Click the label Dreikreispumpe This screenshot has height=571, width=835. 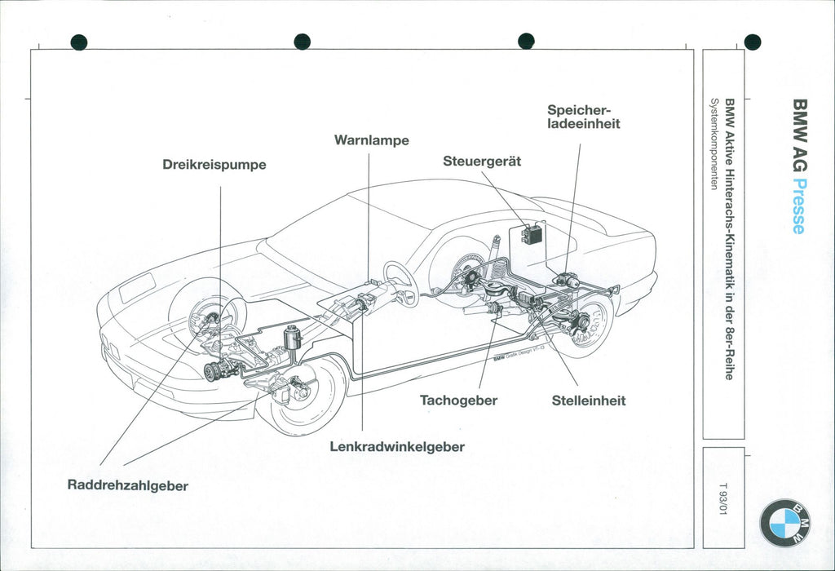click(x=214, y=165)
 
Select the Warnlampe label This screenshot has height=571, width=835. click(x=371, y=140)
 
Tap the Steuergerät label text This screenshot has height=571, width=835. click(x=481, y=162)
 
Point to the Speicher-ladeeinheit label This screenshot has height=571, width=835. click(x=583, y=117)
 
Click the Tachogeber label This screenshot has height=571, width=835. click(x=458, y=401)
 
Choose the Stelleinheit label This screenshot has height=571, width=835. click(x=588, y=401)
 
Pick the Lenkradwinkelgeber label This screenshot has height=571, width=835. click(x=397, y=447)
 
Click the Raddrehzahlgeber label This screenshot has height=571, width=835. click(x=127, y=486)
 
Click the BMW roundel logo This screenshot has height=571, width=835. click(x=785, y=523)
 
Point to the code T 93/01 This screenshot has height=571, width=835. click(x=722, y=497)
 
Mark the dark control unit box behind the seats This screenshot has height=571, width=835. click(x=532, y=233)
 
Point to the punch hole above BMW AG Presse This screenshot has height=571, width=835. click(x=752, y=42)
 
